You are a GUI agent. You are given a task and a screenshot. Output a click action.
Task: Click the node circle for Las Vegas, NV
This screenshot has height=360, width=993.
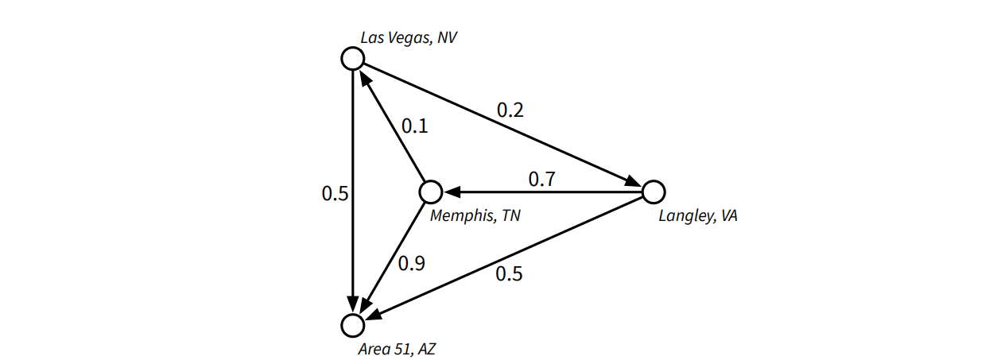[352, 58]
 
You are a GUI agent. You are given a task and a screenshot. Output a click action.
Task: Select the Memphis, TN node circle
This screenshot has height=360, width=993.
[430, 192]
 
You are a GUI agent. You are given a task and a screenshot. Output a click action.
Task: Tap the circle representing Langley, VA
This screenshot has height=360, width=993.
[653, 192]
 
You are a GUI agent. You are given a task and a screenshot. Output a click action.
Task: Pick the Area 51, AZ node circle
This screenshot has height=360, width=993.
[352, 325]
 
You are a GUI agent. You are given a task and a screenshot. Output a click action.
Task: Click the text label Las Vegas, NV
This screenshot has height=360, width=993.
[409, 37]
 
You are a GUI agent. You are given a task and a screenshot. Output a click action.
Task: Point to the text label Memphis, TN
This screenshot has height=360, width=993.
[475, 215]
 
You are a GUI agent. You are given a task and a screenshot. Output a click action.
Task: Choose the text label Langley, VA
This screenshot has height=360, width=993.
[697, 215]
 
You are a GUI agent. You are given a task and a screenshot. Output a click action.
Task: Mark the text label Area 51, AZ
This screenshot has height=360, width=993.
[398, 347]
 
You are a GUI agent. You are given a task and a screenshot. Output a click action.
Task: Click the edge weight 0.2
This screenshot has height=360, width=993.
[510, 110]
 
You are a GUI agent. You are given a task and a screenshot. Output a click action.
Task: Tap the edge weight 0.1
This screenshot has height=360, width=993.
[414, 126]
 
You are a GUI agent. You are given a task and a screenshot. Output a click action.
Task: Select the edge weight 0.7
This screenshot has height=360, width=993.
[542, 180]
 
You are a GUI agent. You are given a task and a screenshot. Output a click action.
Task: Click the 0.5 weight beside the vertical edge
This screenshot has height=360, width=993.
[335, 193]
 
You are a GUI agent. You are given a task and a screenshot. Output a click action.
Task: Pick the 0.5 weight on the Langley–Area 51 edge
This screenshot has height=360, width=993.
[509, 274]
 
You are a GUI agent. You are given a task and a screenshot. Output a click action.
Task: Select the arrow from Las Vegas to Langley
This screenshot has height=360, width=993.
[502, 125]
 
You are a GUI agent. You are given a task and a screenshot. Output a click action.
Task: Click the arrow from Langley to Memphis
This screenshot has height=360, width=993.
[541, 192]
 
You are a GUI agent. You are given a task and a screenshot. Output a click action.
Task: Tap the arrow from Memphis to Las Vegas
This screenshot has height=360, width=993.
[391, 125]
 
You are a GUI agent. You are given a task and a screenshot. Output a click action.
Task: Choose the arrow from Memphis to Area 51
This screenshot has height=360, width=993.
[391, 258]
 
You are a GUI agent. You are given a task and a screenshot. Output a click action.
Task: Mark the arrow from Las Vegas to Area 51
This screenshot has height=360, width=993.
[352, 192]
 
